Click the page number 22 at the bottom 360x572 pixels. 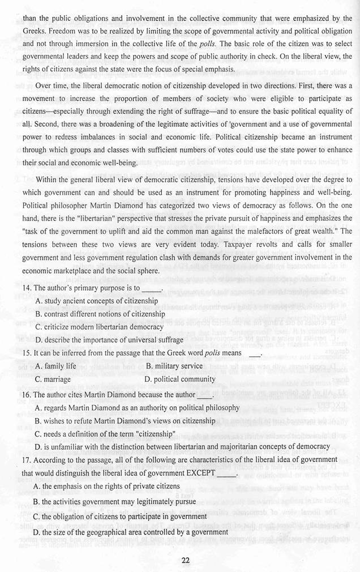(186, 560)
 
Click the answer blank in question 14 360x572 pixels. (153, 289)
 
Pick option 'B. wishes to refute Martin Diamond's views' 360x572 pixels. (124, 420)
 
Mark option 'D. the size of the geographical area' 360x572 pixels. (130, 532)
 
